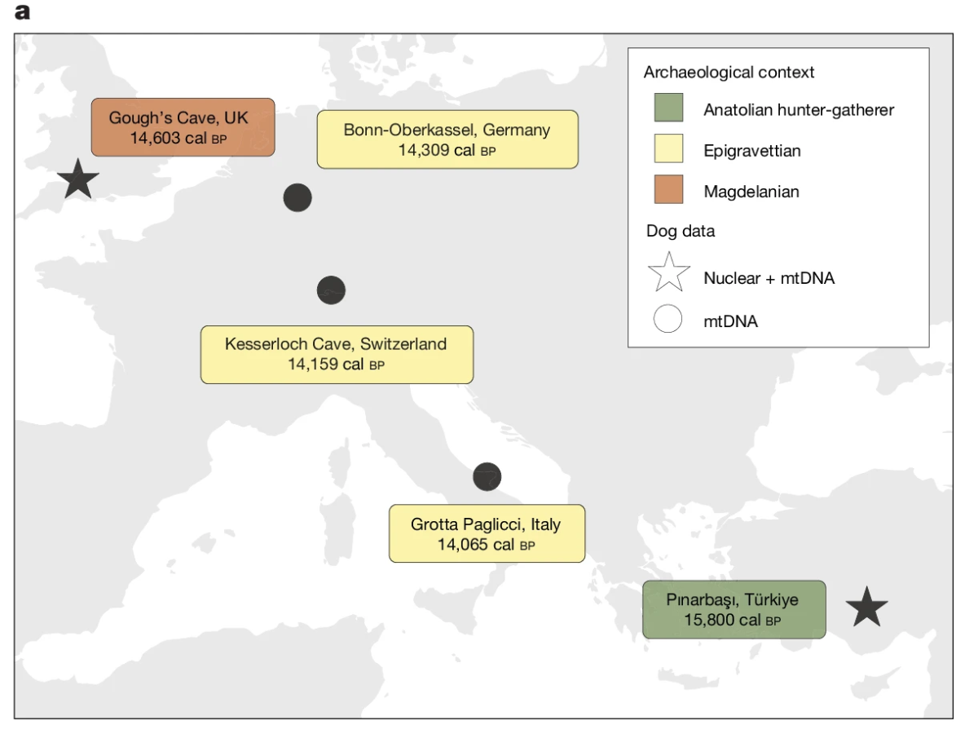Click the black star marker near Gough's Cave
(78, 179)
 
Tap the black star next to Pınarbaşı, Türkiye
(866, 608)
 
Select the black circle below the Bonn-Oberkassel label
(297, 197)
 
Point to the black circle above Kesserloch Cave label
(331, 290)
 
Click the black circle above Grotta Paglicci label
(487, 477)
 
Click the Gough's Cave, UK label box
(183, 127)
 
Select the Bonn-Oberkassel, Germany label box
(447, 139)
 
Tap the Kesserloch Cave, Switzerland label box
(337, 355)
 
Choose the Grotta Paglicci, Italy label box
(487, 533)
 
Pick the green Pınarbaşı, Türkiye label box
(734, 609)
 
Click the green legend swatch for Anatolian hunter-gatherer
(668, 108)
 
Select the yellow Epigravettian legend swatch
(668, 148)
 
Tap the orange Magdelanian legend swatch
(668, 189)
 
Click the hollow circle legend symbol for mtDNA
(667, 319)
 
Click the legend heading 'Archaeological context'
(729, 73)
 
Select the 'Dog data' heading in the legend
(681, 231)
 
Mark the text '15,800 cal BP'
(733, 620)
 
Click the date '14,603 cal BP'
(178, 138)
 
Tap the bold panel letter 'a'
(22, 12)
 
